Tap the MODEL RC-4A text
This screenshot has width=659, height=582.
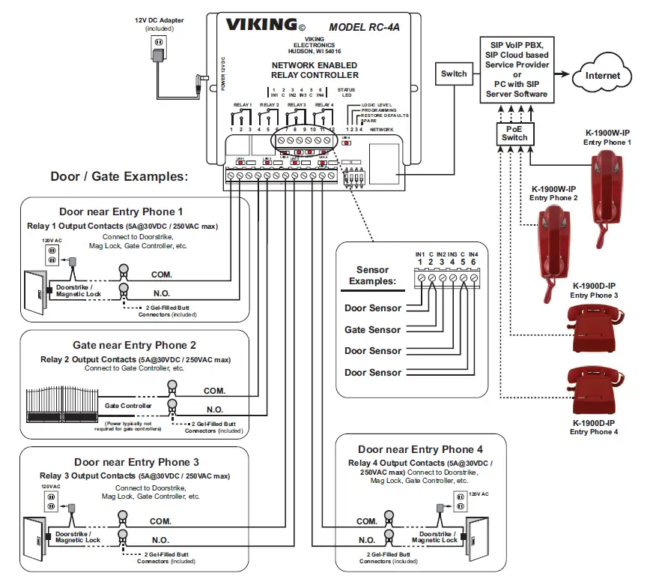(365, 26)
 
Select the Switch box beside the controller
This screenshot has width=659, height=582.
(453, 73)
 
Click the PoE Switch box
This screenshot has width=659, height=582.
(514, 133)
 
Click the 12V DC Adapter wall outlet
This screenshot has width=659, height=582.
(158, 48)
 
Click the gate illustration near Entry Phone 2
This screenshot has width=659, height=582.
(63, 405)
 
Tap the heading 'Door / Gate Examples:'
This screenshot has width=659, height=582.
(118, 176)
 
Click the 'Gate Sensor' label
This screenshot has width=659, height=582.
(372, 329)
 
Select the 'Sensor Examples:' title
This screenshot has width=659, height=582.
(373, 275)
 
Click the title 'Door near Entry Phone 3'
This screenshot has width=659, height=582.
(136, 462)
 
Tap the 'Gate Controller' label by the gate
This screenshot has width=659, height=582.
(128, 406)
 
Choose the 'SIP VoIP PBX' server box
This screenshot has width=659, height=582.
(516, 70)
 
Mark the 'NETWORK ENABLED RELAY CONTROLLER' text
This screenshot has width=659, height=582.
(315, 70)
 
